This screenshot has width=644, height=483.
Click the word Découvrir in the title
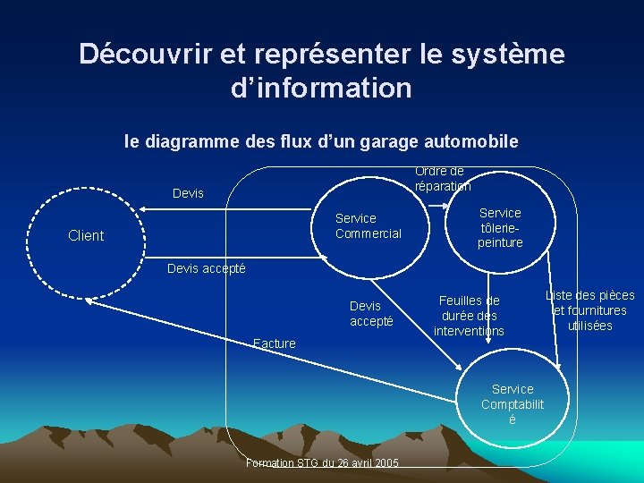tap(145, 55)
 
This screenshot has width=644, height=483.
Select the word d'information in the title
tap(321, 89)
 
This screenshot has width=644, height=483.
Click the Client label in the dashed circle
tap(86, 235)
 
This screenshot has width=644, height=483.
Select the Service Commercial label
tap(368, 225)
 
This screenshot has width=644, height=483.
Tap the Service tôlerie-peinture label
tap(500, 227)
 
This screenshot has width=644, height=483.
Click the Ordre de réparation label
tap(442, 178)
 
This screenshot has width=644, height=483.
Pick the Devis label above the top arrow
tap(188, 193)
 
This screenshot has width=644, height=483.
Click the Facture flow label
tap(274, 343)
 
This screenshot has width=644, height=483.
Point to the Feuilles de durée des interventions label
tap(469, 316)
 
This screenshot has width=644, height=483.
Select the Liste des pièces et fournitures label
tap(589, 310)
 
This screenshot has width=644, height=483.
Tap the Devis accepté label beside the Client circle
tap(207, 268)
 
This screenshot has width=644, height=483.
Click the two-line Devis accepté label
tap(370, 313)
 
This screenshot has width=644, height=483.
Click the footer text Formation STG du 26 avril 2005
tap(322, 462)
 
